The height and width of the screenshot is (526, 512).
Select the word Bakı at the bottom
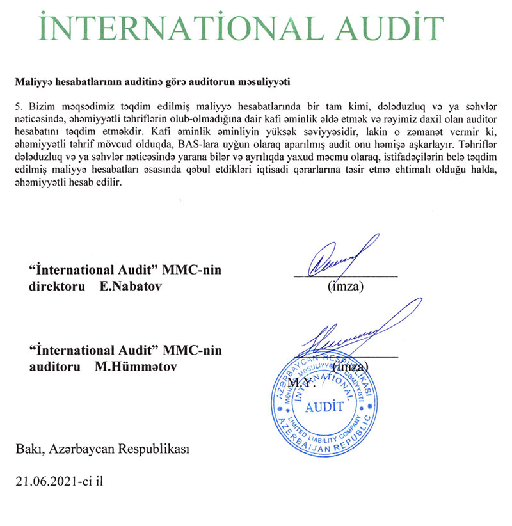click(29, 449)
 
